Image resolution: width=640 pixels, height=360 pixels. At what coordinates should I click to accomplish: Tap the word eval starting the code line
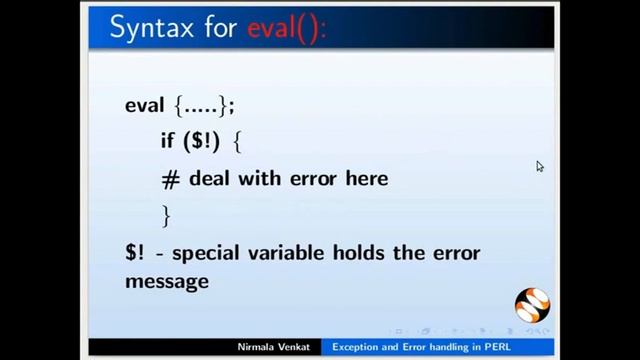coord(144,105)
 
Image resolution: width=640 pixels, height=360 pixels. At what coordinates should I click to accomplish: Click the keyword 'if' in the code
coord(167,141)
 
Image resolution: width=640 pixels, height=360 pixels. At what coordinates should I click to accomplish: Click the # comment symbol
coord(169,179)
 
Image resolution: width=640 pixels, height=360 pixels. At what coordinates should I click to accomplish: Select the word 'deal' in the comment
coord(211,179)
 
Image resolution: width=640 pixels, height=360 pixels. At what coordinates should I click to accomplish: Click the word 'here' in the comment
coord(364,179)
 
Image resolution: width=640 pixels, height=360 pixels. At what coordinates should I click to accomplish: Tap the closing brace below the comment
coord(166,215)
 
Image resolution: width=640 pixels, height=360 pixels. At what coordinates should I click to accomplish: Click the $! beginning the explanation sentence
coord(134,252)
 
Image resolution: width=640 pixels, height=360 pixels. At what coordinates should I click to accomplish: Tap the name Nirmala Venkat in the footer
coord(273,347)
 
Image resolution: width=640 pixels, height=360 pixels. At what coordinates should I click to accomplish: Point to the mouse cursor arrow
coord(540,166)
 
